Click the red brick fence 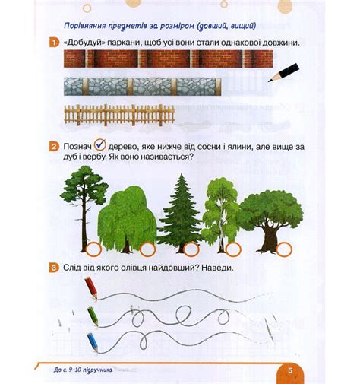tap(169, 59)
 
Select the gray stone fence tap(143, 87)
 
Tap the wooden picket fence tap(119, 115)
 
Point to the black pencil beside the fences tap(283, 73)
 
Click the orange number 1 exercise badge tap(54, 43)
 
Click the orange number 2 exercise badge tap(54, 147)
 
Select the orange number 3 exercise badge tap(54, 268)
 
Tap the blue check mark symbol tap(100, 144)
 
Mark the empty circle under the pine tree tap(93, 249)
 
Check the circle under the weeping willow tap(147, 249)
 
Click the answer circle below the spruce tap(191, 249)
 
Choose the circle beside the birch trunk tap(233, 249)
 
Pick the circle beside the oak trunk tap(284, 249)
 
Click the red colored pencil tap(91, 288)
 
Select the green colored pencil tap(93, 317)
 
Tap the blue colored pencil tap(93, 343)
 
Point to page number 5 tap(290, 370)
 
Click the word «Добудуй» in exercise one tap(85, 43)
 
